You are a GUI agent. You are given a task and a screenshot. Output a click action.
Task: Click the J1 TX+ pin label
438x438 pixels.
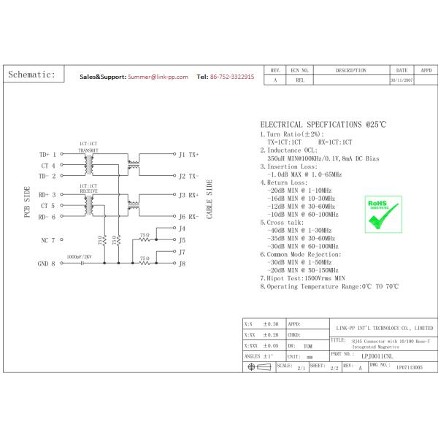(188, 155)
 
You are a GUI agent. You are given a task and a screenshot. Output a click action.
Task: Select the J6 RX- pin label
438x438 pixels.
(188, 217)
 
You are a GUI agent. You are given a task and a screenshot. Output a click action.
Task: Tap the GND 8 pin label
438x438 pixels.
(47, 264)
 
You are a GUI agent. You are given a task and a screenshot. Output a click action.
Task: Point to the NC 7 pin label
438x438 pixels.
(47, 239)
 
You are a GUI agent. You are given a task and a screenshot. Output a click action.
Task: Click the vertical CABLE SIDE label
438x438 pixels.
(210, 199)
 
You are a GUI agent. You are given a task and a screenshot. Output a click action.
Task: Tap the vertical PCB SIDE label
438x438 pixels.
(27, 202)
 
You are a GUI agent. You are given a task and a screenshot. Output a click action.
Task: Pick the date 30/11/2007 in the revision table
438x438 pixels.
(401, 80)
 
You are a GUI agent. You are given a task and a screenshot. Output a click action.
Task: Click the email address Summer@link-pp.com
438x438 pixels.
(158, 76)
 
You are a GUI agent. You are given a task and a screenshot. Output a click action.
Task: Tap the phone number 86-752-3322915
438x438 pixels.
(231, 76)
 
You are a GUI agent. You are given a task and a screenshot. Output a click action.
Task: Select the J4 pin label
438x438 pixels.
(182, 228)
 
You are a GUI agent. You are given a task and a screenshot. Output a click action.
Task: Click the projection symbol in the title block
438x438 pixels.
(258, 368)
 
